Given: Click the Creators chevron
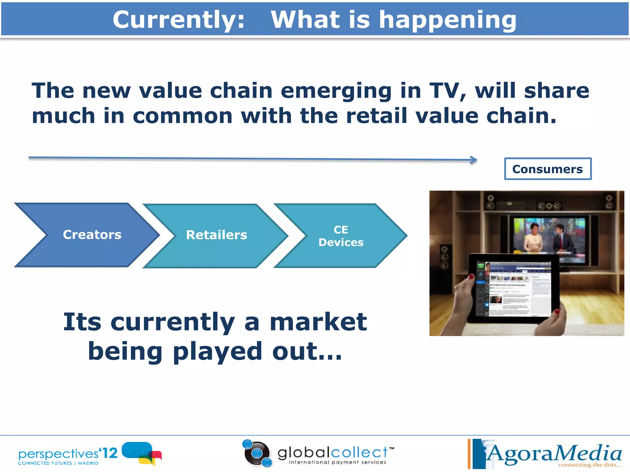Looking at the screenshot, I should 89,235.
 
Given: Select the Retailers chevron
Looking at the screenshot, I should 217,235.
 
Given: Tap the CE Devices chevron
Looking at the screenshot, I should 341,236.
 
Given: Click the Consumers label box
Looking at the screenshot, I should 548,169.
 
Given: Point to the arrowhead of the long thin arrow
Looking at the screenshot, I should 474,160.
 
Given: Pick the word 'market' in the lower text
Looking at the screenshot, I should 318,322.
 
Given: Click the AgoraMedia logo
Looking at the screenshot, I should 548,453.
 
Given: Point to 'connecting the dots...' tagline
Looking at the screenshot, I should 589,465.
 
